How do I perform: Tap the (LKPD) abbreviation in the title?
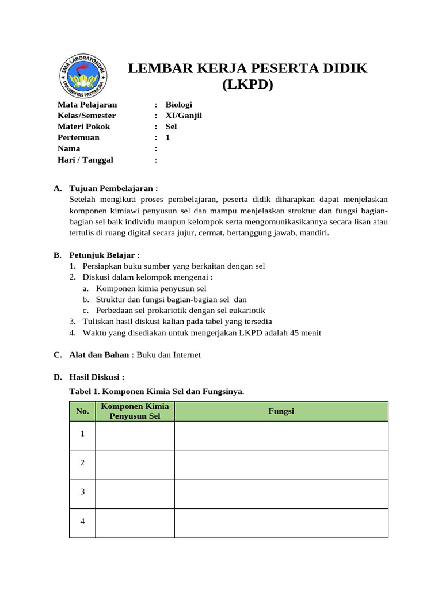[247, 85]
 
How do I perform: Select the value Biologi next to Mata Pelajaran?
[178, 105]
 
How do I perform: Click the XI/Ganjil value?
[184, 116]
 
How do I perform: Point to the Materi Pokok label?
[83, 127]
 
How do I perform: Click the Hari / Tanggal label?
[85, 160]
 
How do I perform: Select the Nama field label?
[69, 148]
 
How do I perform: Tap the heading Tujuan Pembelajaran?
[113, 189]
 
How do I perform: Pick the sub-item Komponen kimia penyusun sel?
[151, 289]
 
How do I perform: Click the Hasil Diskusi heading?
[97, 377]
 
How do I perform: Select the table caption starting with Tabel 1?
[157, 391]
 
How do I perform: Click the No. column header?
[82, 411]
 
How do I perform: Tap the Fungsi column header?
[281, 411]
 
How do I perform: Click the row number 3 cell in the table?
[82, 492]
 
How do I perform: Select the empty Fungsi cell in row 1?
[281, 435]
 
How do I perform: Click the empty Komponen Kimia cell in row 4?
[135, 522]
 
